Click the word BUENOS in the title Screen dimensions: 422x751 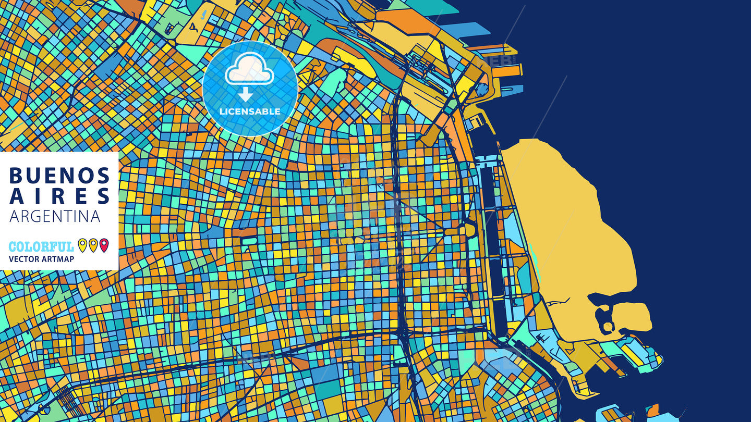click(x=59, y=176)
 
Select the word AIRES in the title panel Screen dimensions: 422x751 click(x=59, y=196)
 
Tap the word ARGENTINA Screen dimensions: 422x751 click(x=55, y=216)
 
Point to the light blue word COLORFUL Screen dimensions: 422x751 click(x=41, y=246)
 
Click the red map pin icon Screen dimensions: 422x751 click(x=104, y=245)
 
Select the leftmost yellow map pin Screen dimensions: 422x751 click(x=82, y=245)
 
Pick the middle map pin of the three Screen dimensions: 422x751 click(x=93, y=245)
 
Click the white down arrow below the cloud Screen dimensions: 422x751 click(x=246, y=94)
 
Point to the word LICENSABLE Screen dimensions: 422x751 click(x=250, y=111)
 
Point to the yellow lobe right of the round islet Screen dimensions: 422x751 click(x=632, y=317)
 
